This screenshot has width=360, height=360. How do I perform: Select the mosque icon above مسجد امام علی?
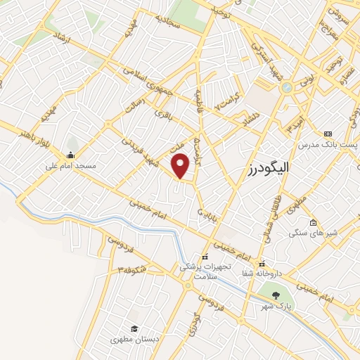click(x=70, y=155)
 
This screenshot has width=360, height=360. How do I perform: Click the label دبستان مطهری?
click(x=134, y=339)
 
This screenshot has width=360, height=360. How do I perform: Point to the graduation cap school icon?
click(x=134, y=328)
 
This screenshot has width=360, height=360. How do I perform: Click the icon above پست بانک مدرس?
click(x=327, y=134)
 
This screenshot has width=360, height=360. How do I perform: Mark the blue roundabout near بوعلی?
click(x=285, y=88)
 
